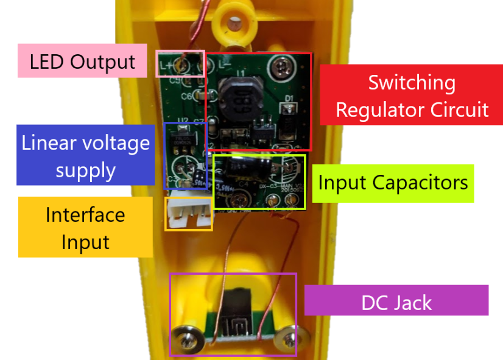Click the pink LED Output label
coord(82,62)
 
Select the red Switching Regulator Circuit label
coord(412,96)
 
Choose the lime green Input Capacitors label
coord(393,182)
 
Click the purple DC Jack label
coord(396,301)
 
